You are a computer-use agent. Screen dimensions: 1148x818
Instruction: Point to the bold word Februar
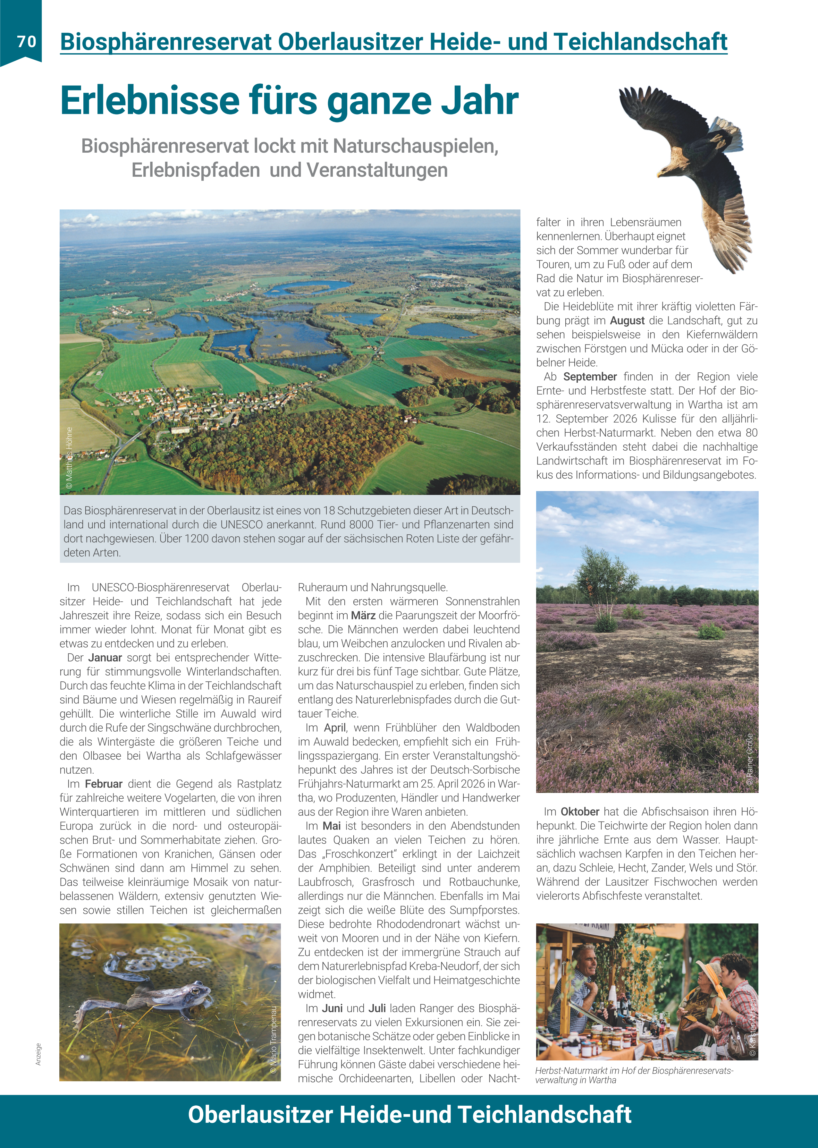tap(103, 784)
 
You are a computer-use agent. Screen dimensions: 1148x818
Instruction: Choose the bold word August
tap(627, 320)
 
